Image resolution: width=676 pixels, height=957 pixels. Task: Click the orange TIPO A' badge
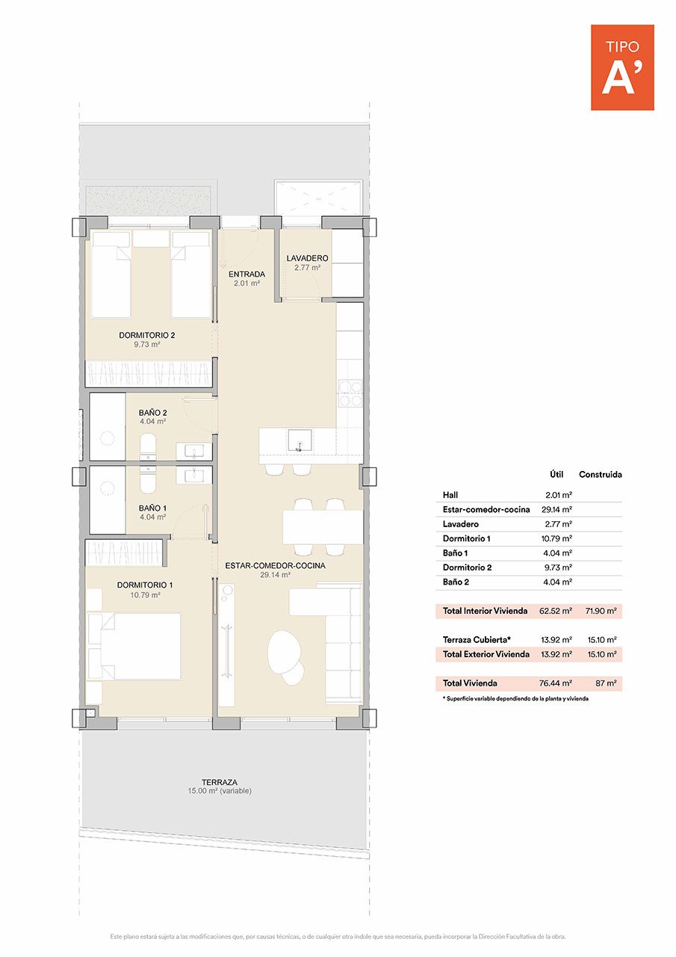[622, 67]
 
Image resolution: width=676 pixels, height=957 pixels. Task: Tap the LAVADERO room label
[307, 259]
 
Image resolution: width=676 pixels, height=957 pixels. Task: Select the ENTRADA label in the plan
[246, 274]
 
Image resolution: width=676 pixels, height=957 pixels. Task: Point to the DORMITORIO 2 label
[146, 336]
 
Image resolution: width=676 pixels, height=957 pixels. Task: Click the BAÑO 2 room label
[152, 413]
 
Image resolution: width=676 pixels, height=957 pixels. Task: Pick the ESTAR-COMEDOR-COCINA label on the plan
[275, 566]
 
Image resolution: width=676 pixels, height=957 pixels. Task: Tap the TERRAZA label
[220, 782]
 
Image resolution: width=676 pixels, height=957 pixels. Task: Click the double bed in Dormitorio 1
[134, 647]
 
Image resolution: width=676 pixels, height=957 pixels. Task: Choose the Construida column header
[600, 474]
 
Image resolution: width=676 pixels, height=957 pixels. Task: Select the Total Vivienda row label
[469, 683]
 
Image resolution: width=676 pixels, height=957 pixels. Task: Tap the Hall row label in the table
[450, 495]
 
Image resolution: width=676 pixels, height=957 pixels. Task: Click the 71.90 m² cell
[601, 611]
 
